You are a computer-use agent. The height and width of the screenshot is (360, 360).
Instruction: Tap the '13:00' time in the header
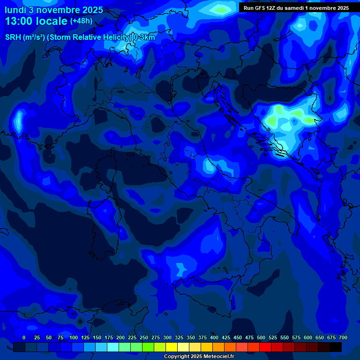tap(19, 21)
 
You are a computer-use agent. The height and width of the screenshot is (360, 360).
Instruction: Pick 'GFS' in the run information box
tap(260, 8)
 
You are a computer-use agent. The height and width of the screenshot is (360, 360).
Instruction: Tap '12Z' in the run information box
tap(272, 8)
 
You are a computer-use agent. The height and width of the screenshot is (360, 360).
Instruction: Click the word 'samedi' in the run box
tap(294, 8)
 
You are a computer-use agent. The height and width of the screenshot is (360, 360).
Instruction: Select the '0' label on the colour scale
tap(24, 337)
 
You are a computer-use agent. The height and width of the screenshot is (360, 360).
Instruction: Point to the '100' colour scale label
tap(74, 337)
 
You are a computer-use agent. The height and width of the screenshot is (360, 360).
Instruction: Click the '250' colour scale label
tap(144, 337)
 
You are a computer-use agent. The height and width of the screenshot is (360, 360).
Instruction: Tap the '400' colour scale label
tap(214, 337)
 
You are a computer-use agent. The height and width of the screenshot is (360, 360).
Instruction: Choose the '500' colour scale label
tap(261, 337)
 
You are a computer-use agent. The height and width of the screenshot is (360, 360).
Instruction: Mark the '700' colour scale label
tap(343, 337)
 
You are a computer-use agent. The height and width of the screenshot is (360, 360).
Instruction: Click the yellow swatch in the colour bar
tap(172, 347)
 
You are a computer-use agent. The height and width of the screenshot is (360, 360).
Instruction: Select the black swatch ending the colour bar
tap(336, 347)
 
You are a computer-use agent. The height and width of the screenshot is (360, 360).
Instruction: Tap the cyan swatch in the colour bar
tap(113, 347)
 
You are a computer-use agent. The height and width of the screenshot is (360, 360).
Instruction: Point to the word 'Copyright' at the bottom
tap(177, 357)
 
